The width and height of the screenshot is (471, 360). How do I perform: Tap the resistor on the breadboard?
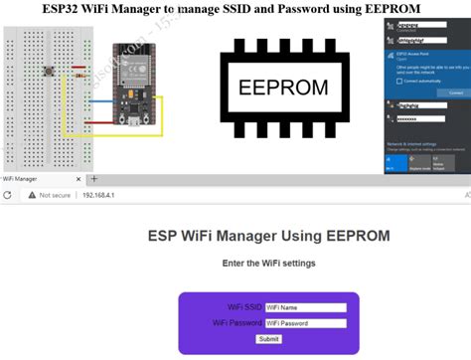click(78, 75)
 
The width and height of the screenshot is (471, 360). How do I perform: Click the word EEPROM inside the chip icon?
click(284, 88)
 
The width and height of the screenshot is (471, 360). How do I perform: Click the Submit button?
click(269, 339)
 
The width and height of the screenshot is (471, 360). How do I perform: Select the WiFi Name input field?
click(305, 308)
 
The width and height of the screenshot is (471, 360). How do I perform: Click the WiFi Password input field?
click(305, 323)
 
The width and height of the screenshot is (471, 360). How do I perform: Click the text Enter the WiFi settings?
click(269, 264)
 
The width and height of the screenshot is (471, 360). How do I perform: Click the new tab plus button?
click(94, 179)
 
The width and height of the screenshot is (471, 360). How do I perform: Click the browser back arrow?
click(8, 196)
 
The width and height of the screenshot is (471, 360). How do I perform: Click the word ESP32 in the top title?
click(87, 9)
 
